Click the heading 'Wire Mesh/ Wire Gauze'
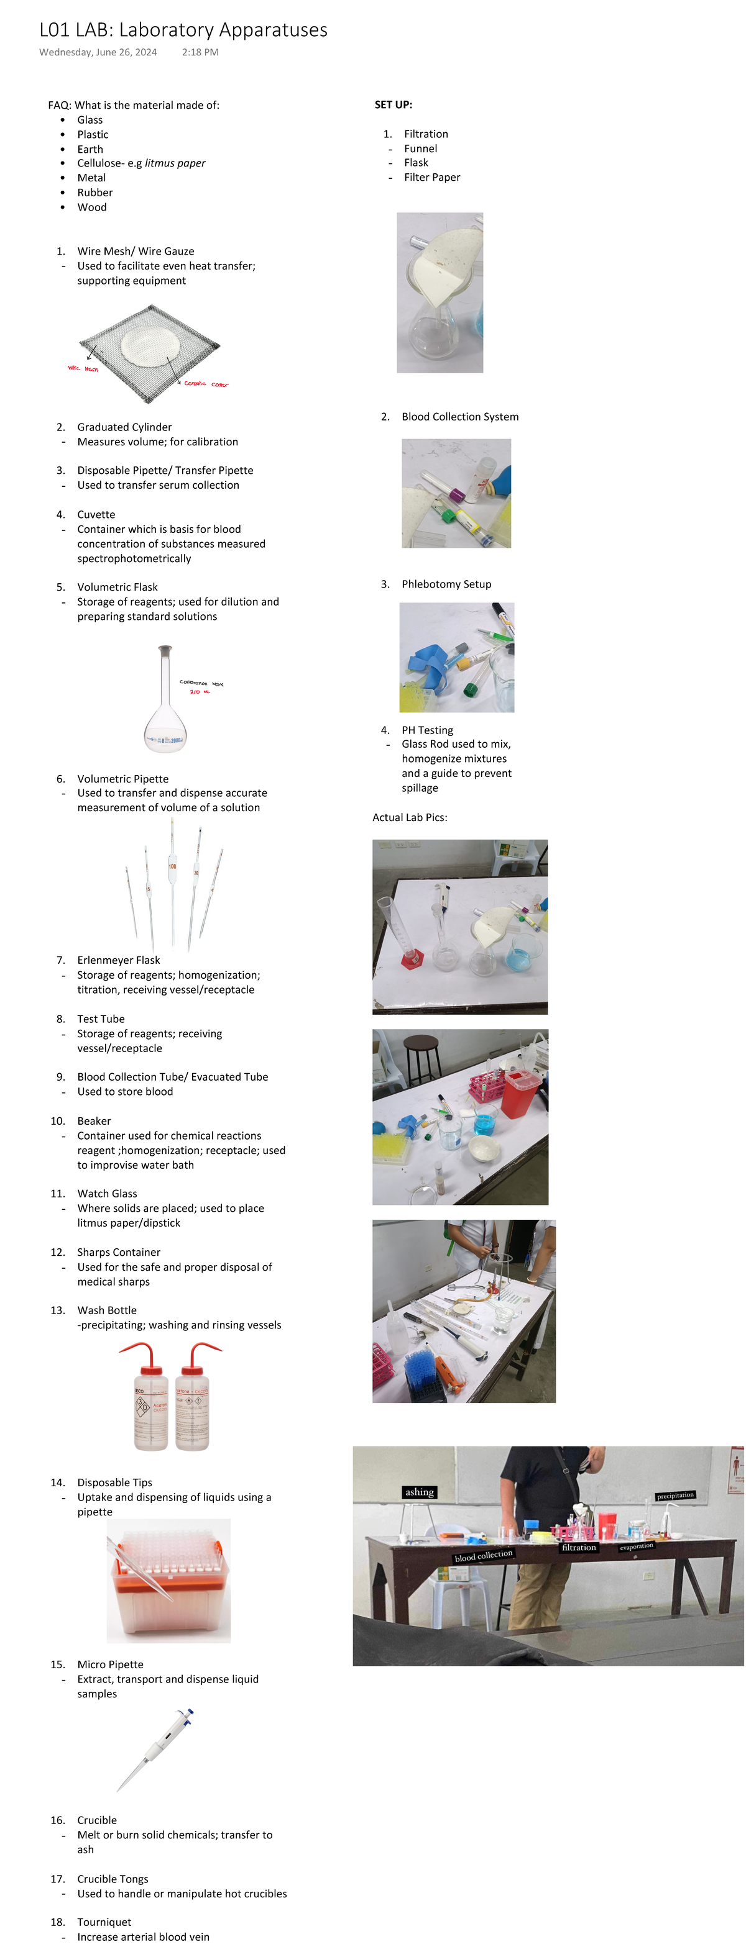[x=135, y=251]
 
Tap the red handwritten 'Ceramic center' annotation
[x=205, y=384]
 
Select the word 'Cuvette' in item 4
[x=96, y=514]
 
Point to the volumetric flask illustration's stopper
[x=165, y=650]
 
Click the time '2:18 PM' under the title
[x=200, y=52]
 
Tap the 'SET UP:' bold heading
[x=393, y=104]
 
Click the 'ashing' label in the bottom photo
[x=419, y=1492]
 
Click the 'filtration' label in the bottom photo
[x=578, y=1547]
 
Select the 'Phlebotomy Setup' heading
[x=446, y=584]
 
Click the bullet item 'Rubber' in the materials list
[x=94, y=193]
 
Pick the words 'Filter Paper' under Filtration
[x=431, y=178]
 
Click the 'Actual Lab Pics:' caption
[x=410, y=817]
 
